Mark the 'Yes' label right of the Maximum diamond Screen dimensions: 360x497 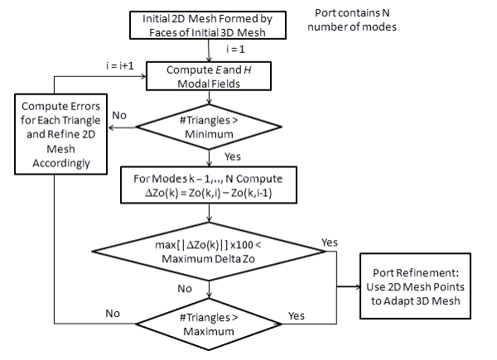pyautogui.click(x=297, y=315)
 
